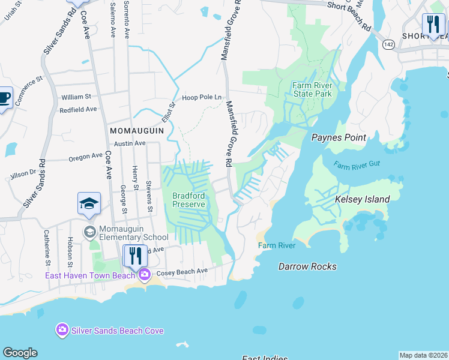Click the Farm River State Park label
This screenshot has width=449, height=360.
tap(312, 89)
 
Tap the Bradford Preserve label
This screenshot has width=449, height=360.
tap(189, 200)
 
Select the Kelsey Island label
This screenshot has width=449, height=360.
tap(362, 199)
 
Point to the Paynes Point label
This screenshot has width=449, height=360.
tap(339, 137)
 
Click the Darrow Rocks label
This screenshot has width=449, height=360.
tap(307, 266)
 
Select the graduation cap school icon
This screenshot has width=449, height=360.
tap(89, 203)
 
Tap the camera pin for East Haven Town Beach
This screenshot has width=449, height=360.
tap(144, 275)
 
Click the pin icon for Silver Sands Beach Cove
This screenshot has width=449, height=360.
tap(62, 329)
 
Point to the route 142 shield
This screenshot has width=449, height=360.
tap(389, 44)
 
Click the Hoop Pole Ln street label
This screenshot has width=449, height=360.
tap(202, 97)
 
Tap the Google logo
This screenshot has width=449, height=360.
tap(20, 353)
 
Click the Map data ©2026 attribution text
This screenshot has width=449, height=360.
tap(423, 355)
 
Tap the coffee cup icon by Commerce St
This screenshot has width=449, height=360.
tap(4, 97)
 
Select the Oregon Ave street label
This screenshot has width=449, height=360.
tap(85, 156)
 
